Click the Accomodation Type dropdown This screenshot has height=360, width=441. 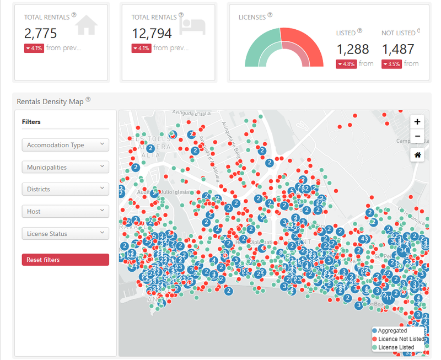pos(65,145)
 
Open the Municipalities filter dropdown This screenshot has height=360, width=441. pos(65,167)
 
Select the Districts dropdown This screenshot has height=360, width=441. pos(65,189)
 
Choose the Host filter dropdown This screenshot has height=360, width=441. pos(65,211)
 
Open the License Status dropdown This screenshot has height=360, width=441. pos(65,234)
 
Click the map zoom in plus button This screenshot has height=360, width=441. pos(417,122)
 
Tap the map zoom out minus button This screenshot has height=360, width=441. pos(417,136)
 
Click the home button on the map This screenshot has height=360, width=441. pos(417,155)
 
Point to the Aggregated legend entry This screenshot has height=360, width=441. pos(392,331)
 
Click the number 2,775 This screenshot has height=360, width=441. pos(40,33)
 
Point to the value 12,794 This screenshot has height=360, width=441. pos(152,33)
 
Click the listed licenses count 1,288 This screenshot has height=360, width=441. pos(352,49)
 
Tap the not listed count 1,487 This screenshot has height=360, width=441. pos(397,49)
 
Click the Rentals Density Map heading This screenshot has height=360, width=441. pos(50,101)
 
